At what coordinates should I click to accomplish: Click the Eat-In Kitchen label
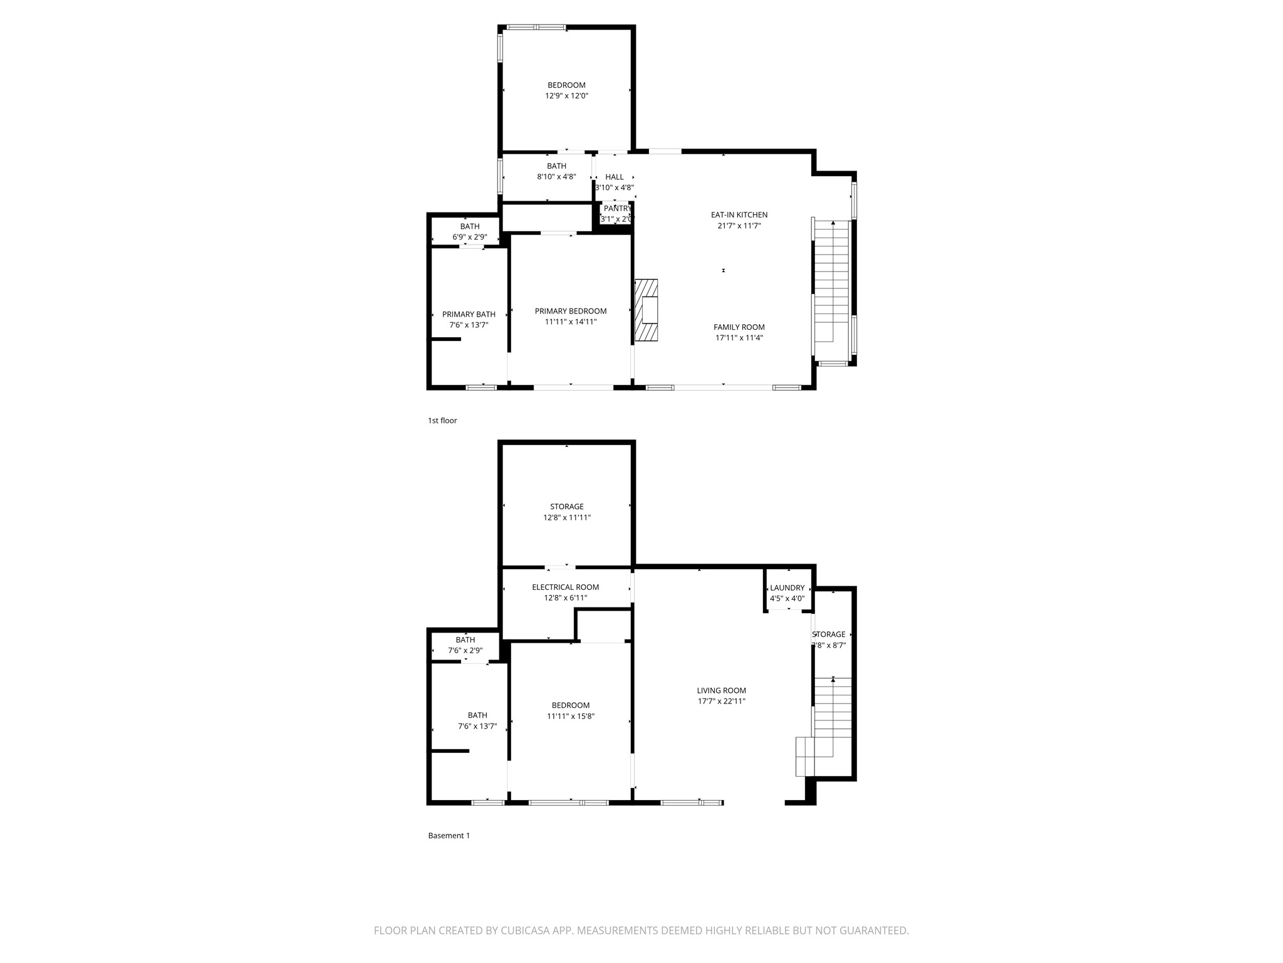point(739,215)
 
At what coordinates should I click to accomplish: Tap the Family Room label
point(739,327)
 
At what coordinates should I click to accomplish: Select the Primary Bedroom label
point(571,311)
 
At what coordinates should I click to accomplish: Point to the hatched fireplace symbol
point(647,310)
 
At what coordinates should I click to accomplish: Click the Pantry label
point(617,209)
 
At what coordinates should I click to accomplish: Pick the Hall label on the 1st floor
point(615,177)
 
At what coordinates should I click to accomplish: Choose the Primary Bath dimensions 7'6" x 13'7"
point(469,325)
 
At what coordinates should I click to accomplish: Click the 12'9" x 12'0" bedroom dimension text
point(567,96)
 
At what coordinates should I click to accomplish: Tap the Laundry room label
point(787,588)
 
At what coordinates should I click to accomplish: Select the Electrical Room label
point(566,587)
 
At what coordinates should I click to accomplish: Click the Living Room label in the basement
point(722,691)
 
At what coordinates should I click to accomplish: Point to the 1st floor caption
point(442,421)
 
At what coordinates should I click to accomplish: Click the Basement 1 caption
point(449,836)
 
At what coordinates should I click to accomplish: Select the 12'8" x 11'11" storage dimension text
point(567,518)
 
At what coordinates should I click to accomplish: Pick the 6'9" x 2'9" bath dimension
point(470,238)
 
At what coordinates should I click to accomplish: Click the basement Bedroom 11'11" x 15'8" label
point(571,711)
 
